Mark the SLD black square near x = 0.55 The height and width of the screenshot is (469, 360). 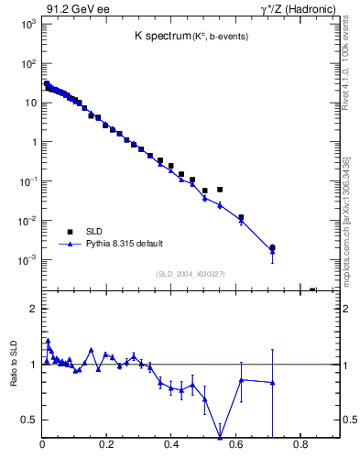tap(220, 190)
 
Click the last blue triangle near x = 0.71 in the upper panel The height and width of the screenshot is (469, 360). tap(272, 250)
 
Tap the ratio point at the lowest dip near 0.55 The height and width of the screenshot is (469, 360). tap(220, 436)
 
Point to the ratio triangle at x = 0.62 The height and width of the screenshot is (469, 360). tap(241, 379)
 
